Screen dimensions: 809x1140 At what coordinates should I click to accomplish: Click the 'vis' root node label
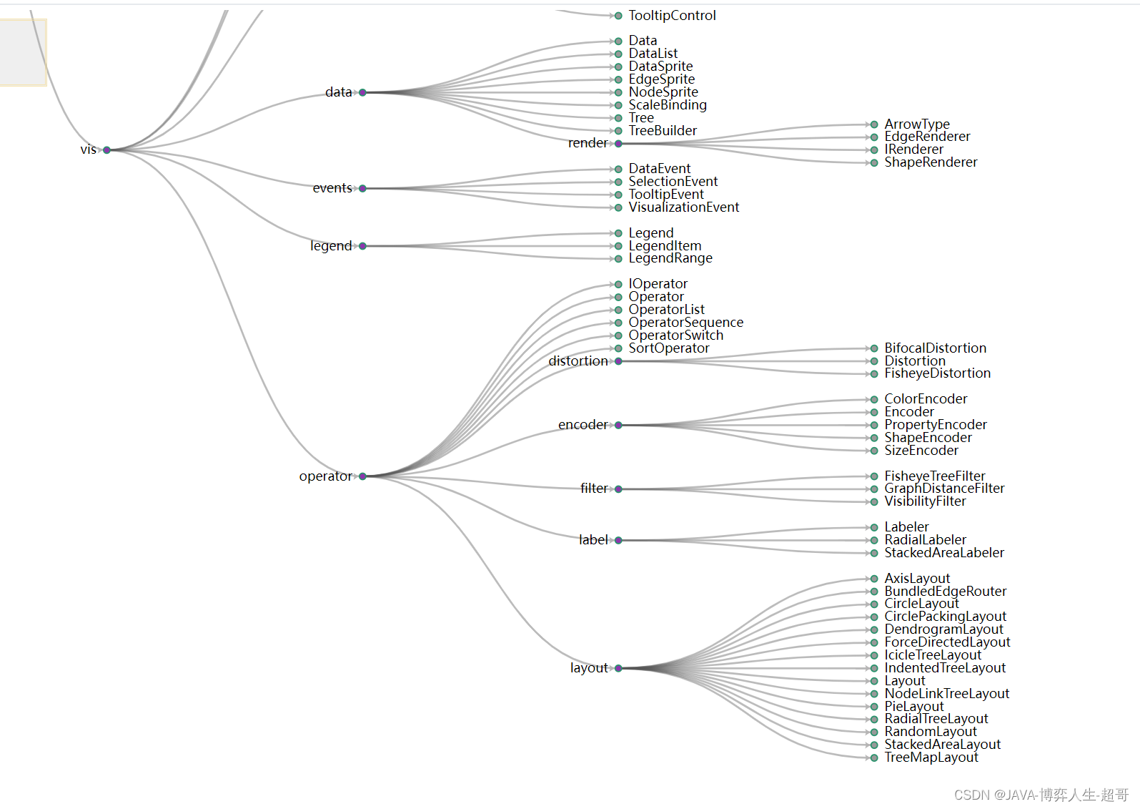88,149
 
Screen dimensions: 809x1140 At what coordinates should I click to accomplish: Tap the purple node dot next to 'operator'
362,476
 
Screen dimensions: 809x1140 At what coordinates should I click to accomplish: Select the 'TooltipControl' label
672,16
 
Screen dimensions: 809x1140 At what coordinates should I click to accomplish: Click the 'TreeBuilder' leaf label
663,131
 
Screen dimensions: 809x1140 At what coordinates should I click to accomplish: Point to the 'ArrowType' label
917,124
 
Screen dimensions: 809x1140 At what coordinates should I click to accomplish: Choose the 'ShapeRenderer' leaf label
931,162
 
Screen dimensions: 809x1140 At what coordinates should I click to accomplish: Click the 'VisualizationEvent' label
684,207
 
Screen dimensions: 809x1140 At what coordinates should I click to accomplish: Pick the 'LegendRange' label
670,258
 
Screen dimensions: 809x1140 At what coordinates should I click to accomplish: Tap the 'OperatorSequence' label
686,323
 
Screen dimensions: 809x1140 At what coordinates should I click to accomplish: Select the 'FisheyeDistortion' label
938,373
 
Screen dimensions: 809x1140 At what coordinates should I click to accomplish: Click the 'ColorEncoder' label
926,399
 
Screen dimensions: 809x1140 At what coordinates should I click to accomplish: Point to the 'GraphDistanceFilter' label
944,489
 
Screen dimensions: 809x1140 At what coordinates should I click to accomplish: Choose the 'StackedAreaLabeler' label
944,553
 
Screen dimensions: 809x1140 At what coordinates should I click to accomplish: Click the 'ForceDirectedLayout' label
947,642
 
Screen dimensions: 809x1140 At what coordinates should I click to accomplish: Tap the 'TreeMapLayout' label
931,757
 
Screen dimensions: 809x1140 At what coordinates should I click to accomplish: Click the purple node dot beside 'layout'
618,668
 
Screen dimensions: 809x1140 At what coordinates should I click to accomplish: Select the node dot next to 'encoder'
618,425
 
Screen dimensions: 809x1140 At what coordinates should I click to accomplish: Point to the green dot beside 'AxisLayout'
874,579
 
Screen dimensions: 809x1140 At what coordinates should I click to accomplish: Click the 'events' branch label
332,188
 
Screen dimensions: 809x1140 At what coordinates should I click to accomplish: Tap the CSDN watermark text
1041,795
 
